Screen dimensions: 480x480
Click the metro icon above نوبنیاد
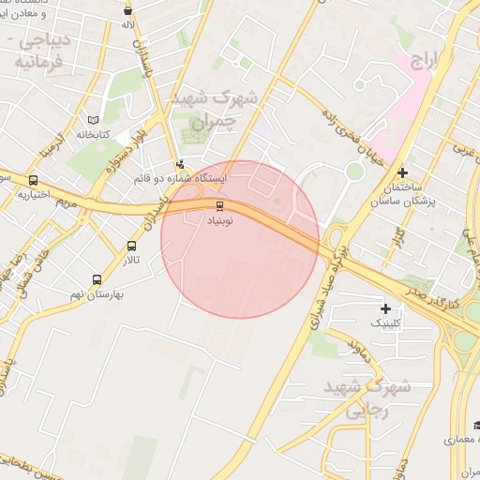[x=220, y=205]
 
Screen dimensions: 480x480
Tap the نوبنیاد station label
[x=222, y=220]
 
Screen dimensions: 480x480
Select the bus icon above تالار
[x=131, y=247]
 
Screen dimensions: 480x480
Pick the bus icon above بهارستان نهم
[x=97, y=279]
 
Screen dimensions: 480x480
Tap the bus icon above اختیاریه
[x=34, y=181]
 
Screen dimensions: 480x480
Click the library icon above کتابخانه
[x=92, y=121]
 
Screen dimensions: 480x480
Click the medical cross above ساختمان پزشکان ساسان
[x=401, y=172]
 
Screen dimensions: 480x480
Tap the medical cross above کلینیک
[x=385, y=308]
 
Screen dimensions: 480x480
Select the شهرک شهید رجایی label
[x=366, y=397]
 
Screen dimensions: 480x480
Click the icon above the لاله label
[x=127, y=11]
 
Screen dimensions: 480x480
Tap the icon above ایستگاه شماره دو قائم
[x=179, y=163]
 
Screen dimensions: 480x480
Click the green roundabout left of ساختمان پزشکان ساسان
[x=353, y=171]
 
